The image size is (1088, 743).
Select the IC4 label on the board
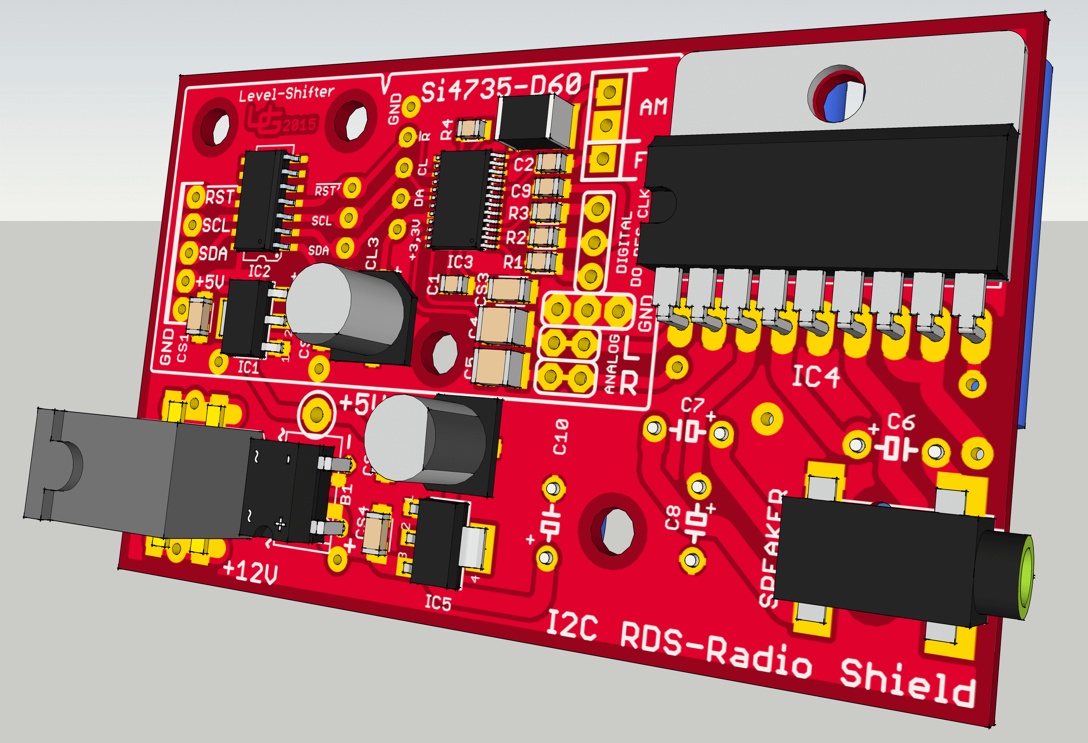point(815,377)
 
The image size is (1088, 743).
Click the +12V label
point(250,572)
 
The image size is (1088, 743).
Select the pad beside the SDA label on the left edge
point(189,253)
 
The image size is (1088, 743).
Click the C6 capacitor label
point(901,422)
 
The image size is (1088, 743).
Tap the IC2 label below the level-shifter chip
point(259,271)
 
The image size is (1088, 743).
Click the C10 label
point(560,437)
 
